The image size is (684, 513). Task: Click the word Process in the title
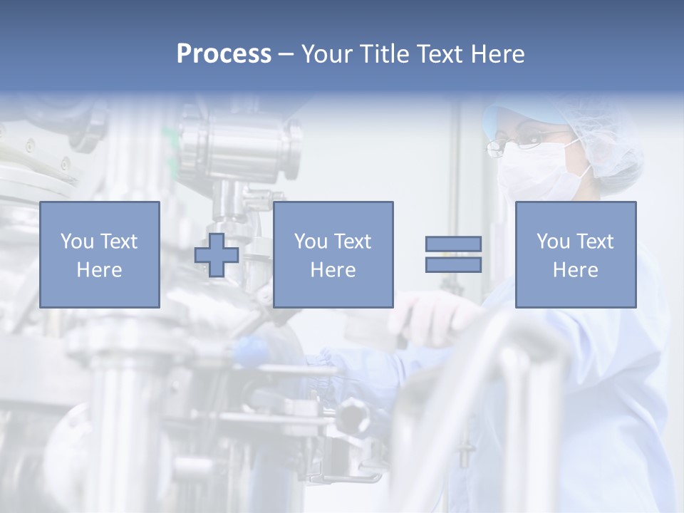pos(224,54)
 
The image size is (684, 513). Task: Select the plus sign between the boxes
pos(217,255)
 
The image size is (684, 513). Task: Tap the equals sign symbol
pos(453,254)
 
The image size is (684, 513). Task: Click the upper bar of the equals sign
pos(453,244)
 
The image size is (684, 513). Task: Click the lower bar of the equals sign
pos(453,265)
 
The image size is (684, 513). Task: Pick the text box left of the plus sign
pos(99,254)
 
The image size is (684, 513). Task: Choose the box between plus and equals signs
pos(333,254)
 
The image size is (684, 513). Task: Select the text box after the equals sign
pos(575,254)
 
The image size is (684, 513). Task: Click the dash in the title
pos(286,54)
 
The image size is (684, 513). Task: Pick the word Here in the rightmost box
pos(575,270)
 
